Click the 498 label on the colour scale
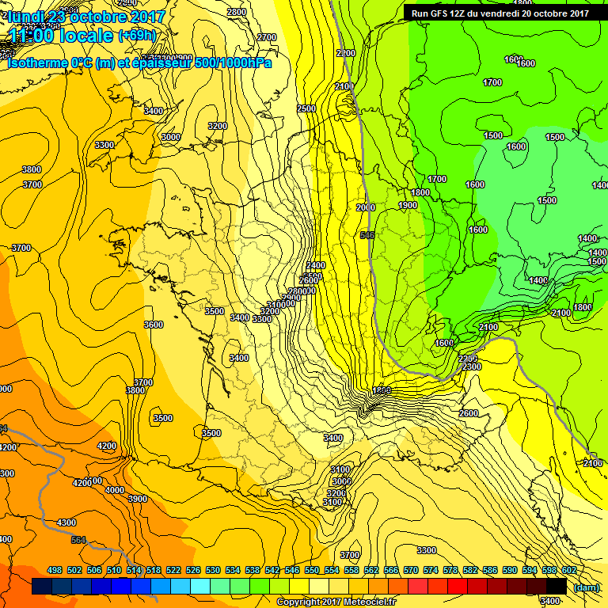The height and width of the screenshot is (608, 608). point(55,570)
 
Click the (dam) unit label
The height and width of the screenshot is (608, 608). point(585,587)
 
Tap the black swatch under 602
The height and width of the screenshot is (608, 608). point(557,586)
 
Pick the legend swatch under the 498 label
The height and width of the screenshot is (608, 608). point(42,586)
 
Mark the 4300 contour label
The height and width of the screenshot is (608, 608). point(66,522)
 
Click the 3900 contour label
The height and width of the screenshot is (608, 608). point(137,499)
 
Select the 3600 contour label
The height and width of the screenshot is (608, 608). point(153,325)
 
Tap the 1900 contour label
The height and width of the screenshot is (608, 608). point(408,205)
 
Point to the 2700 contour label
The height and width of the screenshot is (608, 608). point(267,37)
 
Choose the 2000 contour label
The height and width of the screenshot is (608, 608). point(366,207)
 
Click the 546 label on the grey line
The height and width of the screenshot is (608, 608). point(367,235)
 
